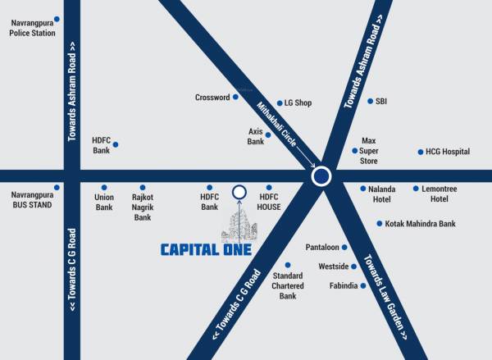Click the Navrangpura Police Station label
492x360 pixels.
[32, 28]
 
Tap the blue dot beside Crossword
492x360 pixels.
[235, 97]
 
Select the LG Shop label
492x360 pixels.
[298, 103]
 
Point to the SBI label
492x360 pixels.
[381, 101]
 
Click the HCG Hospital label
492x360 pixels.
[448, 152]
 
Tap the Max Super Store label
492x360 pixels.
[369, 151]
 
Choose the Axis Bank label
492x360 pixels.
[256, 136]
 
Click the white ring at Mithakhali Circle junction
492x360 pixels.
[321, 176]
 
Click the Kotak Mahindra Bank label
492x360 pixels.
[420, 223]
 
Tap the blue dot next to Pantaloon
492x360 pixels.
[344, 247]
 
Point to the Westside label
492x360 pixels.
[334, 267]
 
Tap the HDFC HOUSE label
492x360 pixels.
[270, 202]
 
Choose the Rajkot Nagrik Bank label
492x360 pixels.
[143, 207]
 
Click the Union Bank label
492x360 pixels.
[104, 202]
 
